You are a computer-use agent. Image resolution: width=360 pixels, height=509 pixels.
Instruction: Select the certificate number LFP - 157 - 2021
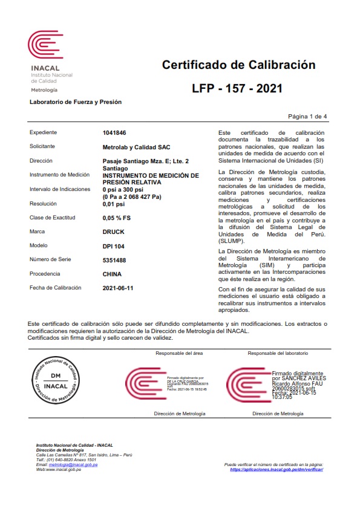(x=237, y=89)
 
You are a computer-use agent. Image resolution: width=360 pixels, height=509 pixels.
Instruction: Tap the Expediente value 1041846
(x=115, y=132)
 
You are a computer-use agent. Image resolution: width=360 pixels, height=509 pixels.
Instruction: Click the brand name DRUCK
(x=114, y=232)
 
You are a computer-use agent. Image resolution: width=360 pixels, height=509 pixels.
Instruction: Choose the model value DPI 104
(x=114, y=245)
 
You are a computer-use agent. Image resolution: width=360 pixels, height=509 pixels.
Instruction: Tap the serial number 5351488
(x=115, y=260)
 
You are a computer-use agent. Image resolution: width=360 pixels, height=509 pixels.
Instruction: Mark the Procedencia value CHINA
(x=113, y=274)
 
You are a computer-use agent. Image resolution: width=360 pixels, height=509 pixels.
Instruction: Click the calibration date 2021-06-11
(x=119, y=288)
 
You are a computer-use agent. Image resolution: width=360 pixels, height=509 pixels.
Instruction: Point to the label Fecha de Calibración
(x=55, y=288)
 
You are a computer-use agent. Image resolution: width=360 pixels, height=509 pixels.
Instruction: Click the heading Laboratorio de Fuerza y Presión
(x=76, y=102)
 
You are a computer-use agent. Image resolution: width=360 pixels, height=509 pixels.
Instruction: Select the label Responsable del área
(x=179, y=352)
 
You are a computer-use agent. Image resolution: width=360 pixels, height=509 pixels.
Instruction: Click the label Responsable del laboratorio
(x=279, y=352)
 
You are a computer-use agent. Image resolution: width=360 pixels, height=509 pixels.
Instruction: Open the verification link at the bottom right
(x=277, y=469)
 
